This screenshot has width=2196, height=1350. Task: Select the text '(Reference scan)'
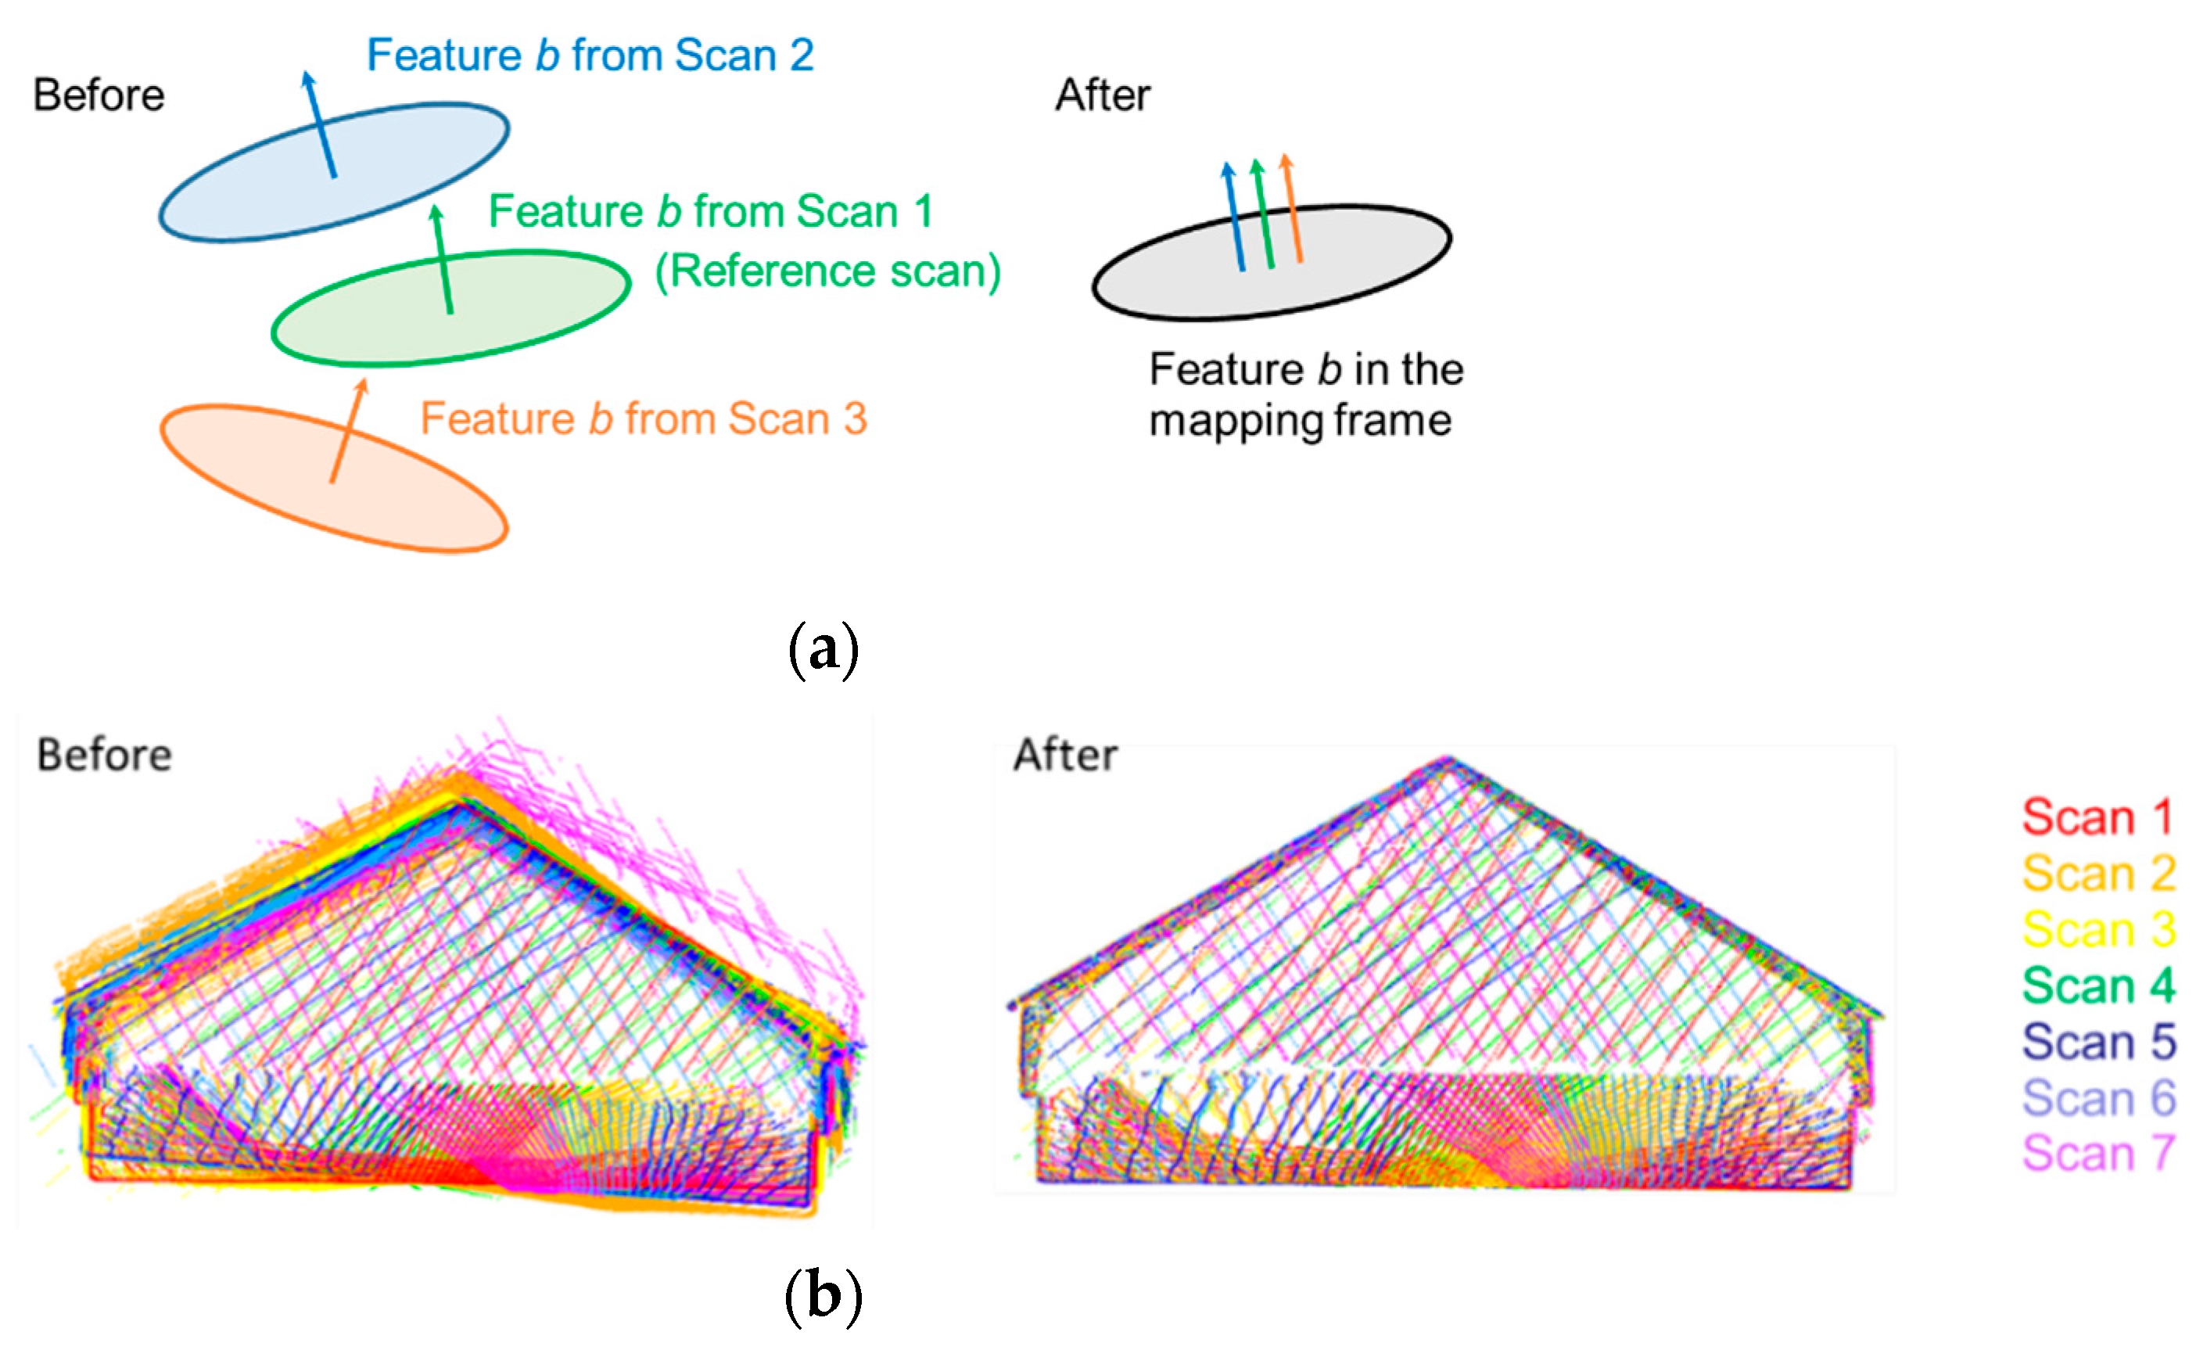827,271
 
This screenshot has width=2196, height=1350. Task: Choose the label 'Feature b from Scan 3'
643,418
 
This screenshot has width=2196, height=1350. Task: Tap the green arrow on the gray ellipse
1263,214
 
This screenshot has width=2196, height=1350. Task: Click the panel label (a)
823,649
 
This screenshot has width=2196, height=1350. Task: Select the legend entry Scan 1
2097,817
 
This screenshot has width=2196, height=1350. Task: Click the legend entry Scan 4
2097,986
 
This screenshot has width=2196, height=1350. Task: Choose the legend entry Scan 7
2097,1153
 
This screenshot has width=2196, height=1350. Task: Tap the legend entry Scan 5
2097,1042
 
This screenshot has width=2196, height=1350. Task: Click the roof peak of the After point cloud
1448,761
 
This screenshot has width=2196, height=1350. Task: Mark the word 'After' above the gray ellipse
1103,95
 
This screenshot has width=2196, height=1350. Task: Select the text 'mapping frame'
1300,421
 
